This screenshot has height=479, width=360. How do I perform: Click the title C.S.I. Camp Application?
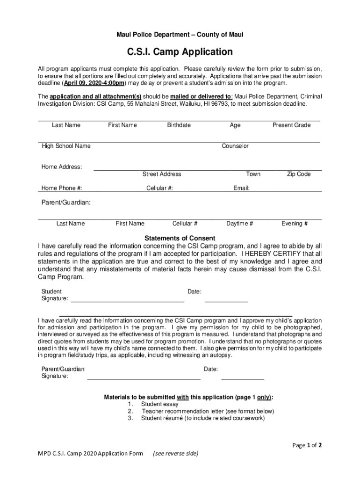click(x=180, y=51)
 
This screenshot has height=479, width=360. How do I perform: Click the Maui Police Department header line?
click(x=180, y=35)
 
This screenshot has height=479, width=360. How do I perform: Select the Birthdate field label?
click(x=179, y=125)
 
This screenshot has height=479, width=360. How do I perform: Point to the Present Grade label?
click(x=291, y=125)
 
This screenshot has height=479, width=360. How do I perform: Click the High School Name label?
click(x=66, y=146)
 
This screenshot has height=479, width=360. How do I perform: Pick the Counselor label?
click(x=235, y=146)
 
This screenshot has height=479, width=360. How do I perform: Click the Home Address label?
click(x=62, y=167)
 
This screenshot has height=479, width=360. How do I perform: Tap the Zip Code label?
click(x=298, y=174)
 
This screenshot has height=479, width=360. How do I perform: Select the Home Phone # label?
click(x=62, y=188)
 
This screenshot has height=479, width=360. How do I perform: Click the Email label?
click(x=241, y=188)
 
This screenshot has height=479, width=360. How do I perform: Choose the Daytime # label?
click(x=239, y=224)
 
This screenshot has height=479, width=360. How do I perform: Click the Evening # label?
click(x=295, y=224)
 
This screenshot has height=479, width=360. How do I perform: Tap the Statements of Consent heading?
click(x=180, y=238)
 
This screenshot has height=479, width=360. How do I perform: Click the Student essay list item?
click(x=159, y=404)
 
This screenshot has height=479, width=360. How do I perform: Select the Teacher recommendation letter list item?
click(x=208, y=411)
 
